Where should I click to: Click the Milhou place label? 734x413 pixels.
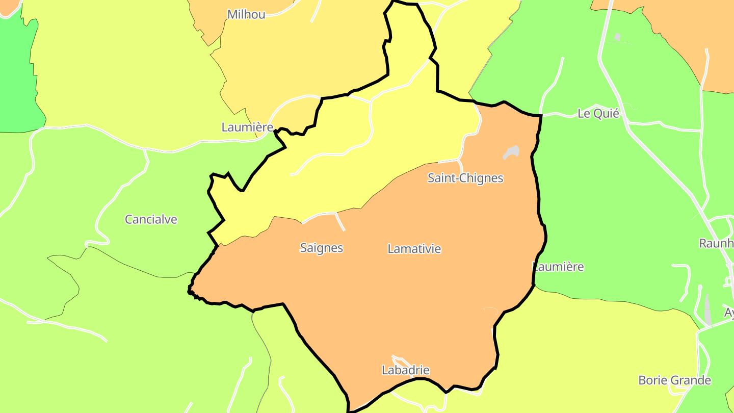click(246, 14)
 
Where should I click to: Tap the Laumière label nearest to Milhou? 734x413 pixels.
click(247, 127)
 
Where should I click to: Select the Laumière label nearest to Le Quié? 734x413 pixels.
click(559, 266)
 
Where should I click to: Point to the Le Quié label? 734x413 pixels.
click(598, 113)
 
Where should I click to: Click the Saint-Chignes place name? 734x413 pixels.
click(465, 178)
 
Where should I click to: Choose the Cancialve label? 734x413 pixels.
click(151, 219)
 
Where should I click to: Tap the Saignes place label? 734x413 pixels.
click(322, 248)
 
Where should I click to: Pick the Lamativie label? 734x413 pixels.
click(414, 248)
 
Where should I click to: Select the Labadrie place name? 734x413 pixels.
click(406, 370)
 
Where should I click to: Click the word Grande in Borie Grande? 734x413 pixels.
click(692, 380)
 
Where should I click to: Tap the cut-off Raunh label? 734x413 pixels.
click(716, 243)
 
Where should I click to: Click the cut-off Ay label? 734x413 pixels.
click(729, 312)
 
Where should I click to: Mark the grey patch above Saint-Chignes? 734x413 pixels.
click(511, 152)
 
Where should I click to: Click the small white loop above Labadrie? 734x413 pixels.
click(400, 359)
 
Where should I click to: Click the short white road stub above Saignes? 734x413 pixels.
click(339, 221)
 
